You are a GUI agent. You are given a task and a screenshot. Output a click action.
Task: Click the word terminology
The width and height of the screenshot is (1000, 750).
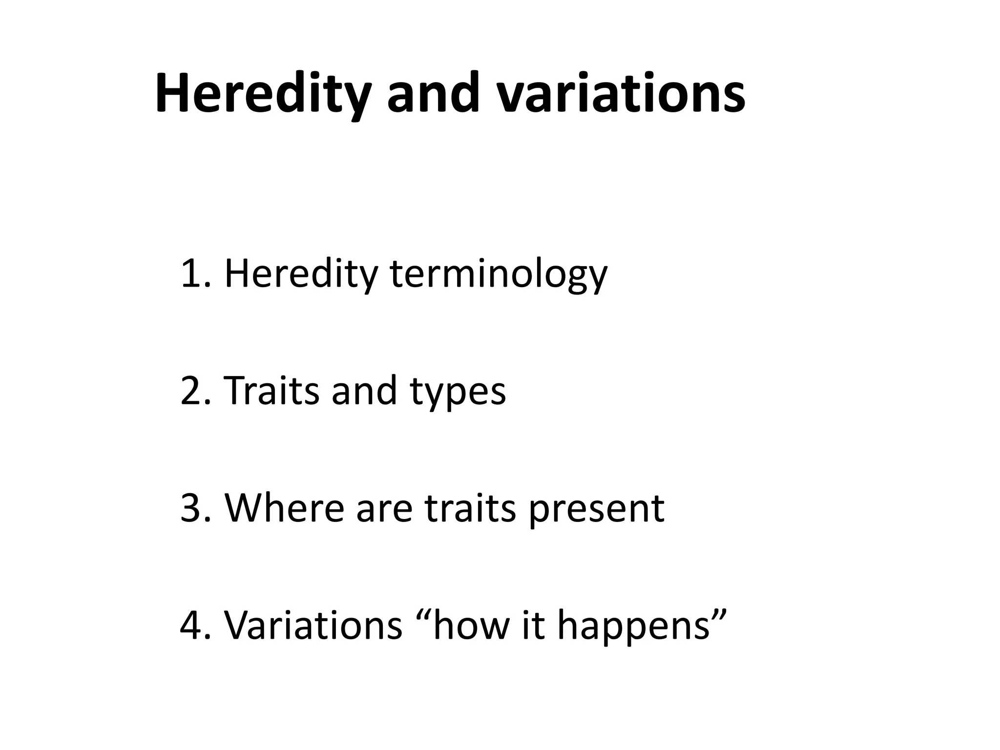click(499, 275)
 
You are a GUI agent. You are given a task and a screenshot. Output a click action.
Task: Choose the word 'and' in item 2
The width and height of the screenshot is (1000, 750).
click(364, 391)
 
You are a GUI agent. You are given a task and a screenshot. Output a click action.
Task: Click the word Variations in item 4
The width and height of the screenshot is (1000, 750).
click(313, 625)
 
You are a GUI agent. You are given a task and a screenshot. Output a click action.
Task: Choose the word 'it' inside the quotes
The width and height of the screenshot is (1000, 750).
click(533, 625)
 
